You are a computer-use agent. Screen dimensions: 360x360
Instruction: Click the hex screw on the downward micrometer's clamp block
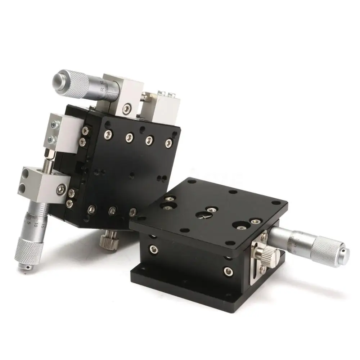click(62, 188)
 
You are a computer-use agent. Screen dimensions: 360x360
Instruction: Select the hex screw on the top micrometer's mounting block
click(127, 108)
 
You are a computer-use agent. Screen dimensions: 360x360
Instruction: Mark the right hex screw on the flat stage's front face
click(228, 270)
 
